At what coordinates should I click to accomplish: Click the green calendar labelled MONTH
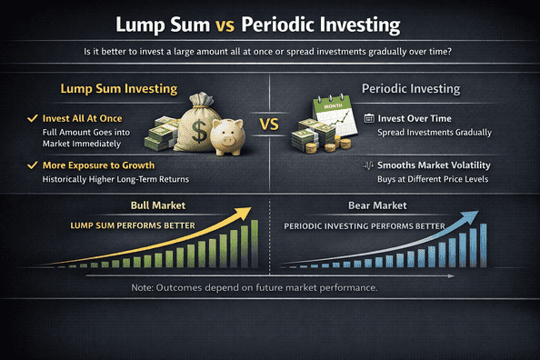[332, 117]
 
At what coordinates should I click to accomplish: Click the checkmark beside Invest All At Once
[34, 118]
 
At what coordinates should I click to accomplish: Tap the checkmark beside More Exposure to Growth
[34, 165]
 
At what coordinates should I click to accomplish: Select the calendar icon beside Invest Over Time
[368, 118]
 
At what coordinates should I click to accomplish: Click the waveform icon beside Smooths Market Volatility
[368, 165]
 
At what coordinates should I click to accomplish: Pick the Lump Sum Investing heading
[105, 91]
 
